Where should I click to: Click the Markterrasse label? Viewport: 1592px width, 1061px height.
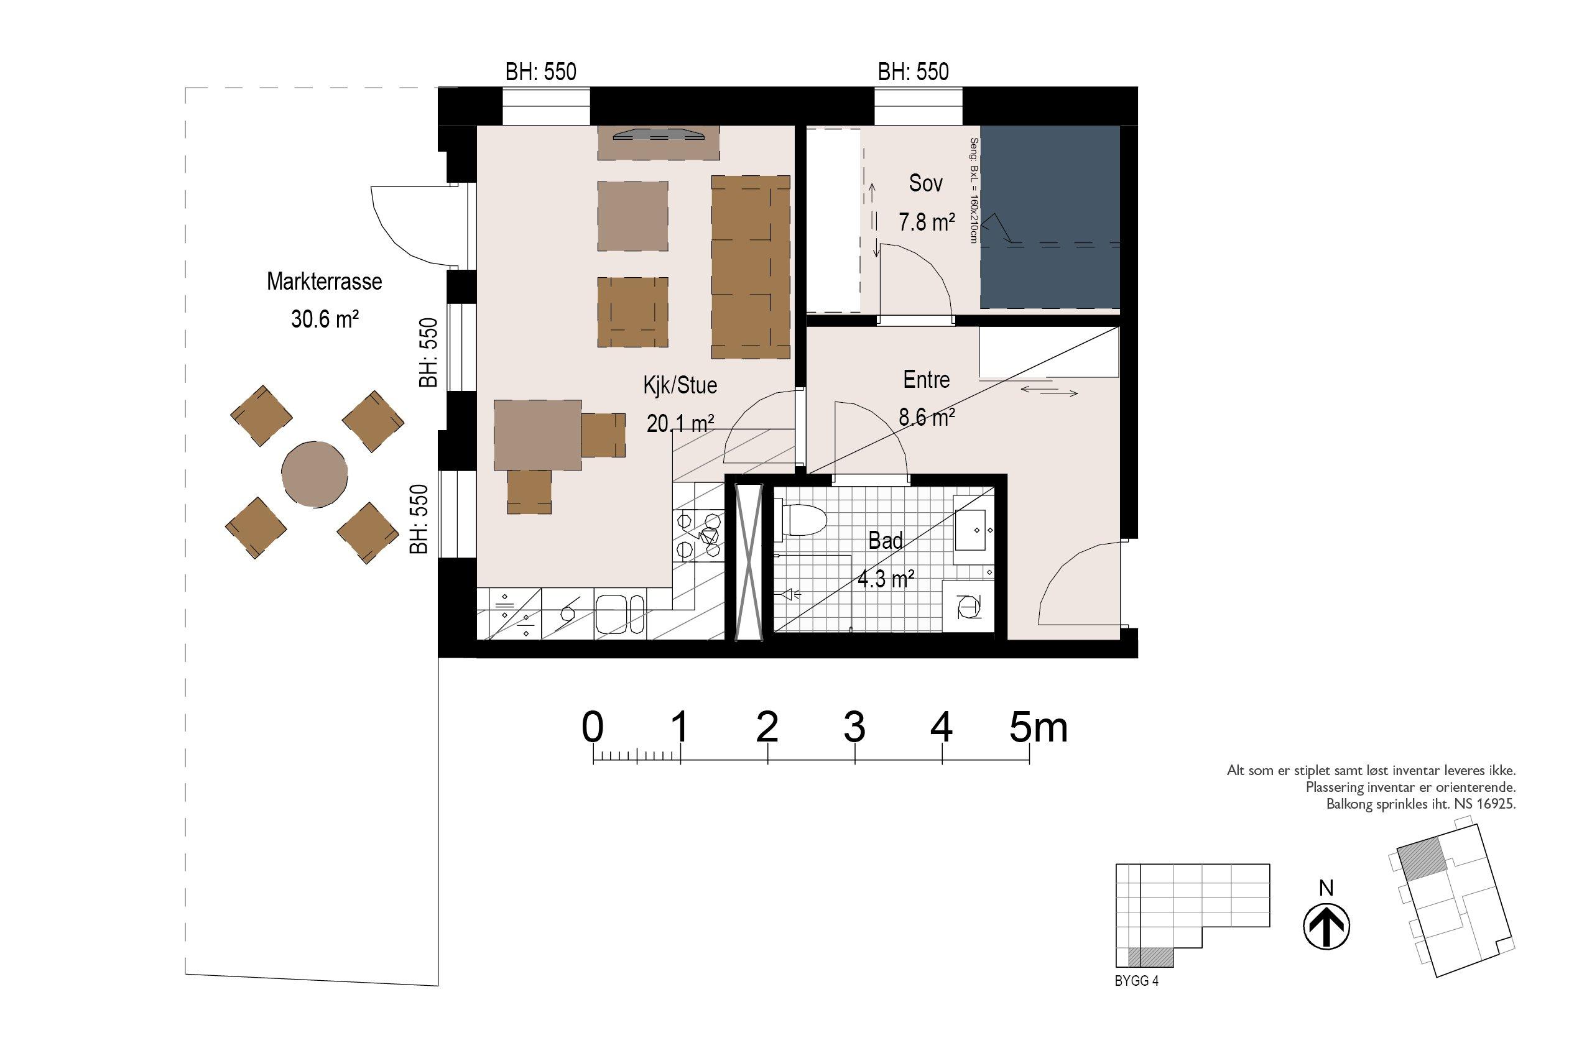(324, 282)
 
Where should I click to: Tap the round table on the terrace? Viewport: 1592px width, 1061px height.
(315, 474)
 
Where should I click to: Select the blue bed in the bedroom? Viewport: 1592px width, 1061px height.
(1050, 217)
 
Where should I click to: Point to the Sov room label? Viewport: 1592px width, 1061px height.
(925, 183)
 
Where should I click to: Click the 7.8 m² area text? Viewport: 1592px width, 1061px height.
(927, 222)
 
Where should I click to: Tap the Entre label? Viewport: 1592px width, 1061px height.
(926, 380)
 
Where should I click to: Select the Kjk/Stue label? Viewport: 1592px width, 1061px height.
(680, 386)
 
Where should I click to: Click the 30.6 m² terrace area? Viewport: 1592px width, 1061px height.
(324, 319)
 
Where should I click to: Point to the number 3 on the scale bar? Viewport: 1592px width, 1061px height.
(854, 727)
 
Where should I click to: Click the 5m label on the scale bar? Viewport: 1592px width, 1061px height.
(1039, 727)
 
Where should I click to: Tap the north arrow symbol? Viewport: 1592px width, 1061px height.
(1326, 926)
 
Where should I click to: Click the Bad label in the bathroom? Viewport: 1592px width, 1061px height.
(886, 541)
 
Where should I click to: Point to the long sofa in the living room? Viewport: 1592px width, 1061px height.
(751, 267)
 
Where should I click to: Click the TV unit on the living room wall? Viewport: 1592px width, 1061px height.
(658, 143)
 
